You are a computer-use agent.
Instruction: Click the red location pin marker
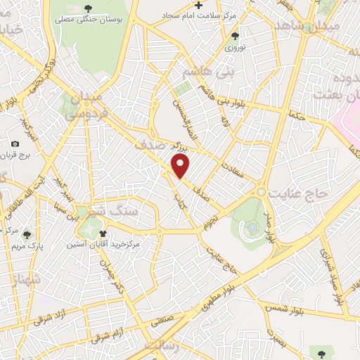pyautogui.click(x=181, y=165)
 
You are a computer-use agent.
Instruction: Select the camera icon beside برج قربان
pyautogui.click(x=15, y=143)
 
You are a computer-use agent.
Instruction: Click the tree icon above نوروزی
pyautogui.click(x=235, y=36)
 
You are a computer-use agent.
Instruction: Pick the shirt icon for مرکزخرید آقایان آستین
pyautogui.click(x=103, y=233)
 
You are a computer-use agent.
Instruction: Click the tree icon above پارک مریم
pyautogui.click(x=27, y=236)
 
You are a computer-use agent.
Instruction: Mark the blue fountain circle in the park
pyautogui.click(x=252, y=227)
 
